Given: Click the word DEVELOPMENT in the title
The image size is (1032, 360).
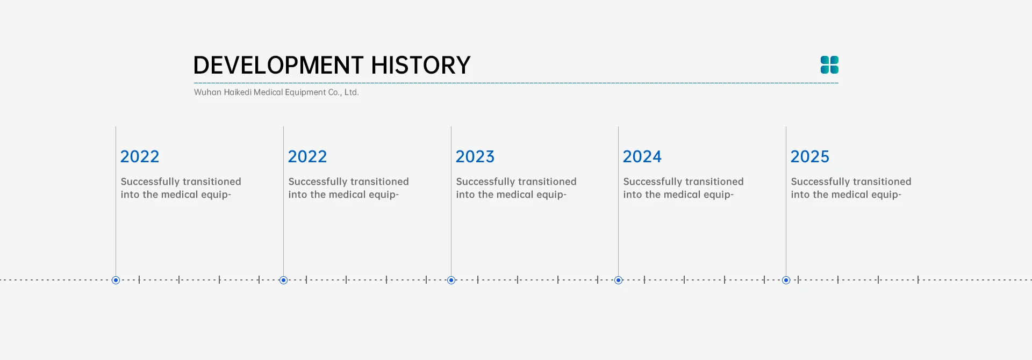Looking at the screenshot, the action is click(x=278, y=65).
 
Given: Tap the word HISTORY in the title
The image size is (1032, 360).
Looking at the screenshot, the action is click(x=421, y=65).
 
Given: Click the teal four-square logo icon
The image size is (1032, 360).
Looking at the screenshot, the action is click(x=829, y=65).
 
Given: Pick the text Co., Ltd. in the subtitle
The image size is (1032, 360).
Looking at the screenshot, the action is click(x=343, y=92).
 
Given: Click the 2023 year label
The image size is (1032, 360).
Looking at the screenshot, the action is click(x=475, y=156).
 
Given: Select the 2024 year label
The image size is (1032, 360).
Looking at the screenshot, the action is click(x=642, y=156).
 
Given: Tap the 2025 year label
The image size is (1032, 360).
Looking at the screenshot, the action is click(x=810, y=156).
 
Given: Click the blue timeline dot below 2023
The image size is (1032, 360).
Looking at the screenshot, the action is click(x=451, y=280).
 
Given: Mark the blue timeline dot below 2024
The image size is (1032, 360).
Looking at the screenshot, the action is click(x=618, y=280).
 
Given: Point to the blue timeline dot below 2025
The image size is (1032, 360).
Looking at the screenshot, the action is click(x=786, y=280).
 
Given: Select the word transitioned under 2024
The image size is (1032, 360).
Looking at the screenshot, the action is click(x=711, y=182).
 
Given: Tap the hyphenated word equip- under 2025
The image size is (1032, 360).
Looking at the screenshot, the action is click(x=886, y=195).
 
